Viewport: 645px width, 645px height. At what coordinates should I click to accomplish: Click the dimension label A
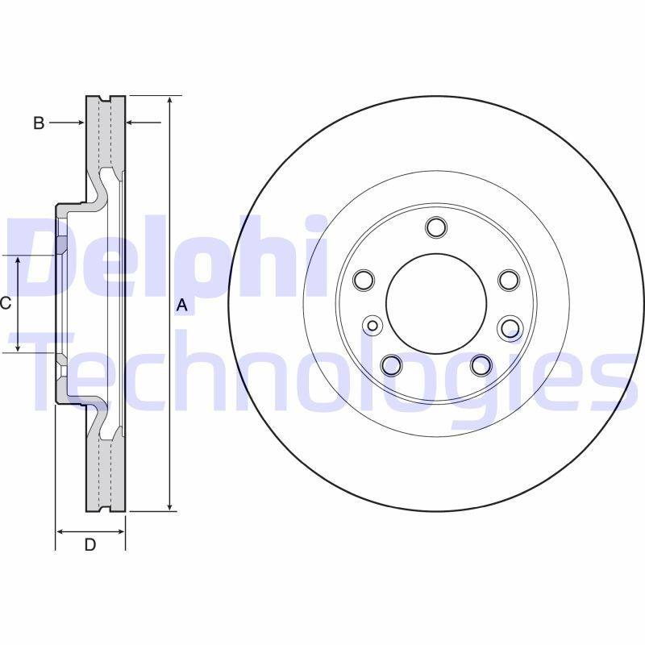pos(182,306)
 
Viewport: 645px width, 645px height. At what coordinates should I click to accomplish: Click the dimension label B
pos(39,123)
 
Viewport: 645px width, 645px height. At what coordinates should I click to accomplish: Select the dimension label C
pos(6,304)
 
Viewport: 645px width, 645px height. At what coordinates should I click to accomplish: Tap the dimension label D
pos(90,545)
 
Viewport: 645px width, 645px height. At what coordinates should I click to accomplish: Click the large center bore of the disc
pos(436,304)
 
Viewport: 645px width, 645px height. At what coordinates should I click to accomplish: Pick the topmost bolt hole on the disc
pos(436,227)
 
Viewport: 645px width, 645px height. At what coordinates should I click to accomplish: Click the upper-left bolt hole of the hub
pos(364,280)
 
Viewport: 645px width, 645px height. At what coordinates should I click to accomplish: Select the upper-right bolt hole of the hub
pos(509,280)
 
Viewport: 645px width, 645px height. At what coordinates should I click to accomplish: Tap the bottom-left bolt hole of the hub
pos(392,365)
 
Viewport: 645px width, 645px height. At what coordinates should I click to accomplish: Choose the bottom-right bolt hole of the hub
pos(481,365)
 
